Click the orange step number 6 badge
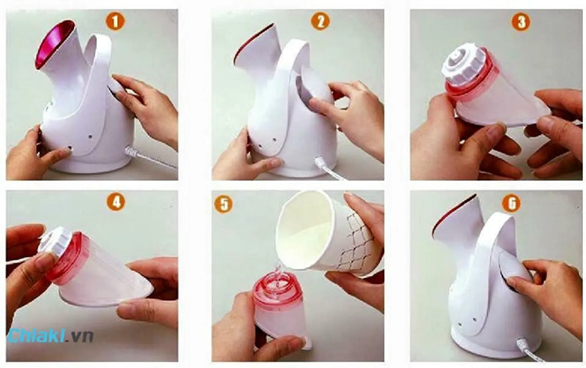pyautogui.click(x=512, y=203)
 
